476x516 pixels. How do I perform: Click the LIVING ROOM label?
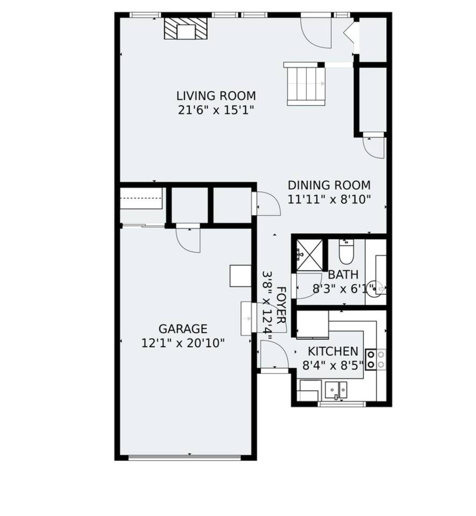(x=216, y=96)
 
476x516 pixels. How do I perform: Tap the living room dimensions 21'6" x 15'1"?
(x=216, y=110)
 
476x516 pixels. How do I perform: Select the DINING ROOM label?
(x=329, y=185)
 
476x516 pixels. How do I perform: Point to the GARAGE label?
(x=183, y=329)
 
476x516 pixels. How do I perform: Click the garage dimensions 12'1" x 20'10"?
(x=183, y=343)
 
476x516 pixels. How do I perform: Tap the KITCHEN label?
(x=333, y=352)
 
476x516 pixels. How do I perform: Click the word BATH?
(x=343, y=275)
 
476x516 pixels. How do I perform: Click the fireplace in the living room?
(x=186, y=28)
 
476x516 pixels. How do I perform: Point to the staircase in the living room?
(x=306, y=84)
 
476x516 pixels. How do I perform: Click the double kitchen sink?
(x=336, y=390)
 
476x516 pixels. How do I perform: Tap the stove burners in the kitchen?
(x=376, y=359)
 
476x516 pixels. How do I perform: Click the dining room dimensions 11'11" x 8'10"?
(x=329, y=199)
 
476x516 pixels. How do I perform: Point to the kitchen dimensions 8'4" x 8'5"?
(x=333, y=365)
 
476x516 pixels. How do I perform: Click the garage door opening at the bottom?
(x=185, y=457)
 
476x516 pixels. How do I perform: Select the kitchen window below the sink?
(x=342, y=404)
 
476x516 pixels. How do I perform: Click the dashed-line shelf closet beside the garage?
(x=141, y=198)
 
